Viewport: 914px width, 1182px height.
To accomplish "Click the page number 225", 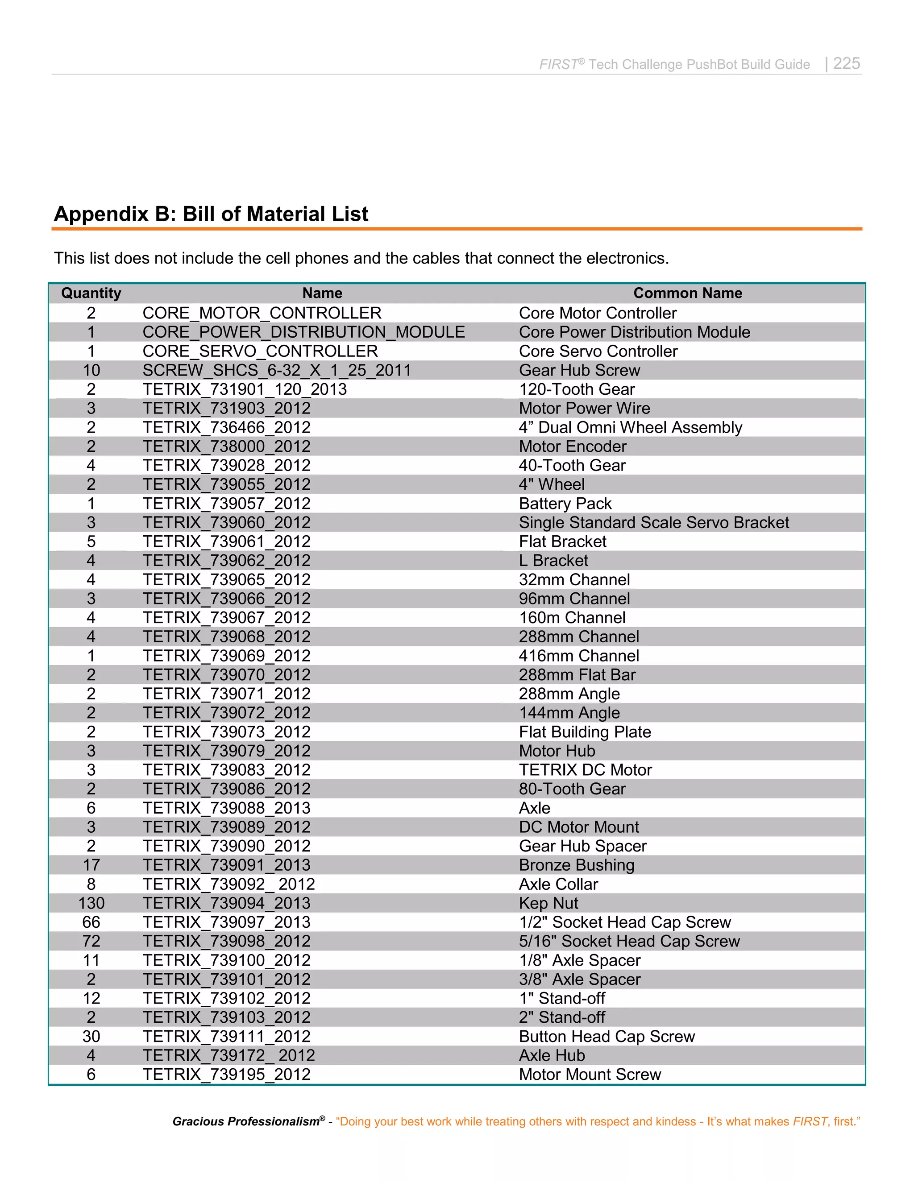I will (846, 63).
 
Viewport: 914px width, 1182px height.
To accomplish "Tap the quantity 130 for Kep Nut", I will (91, 903).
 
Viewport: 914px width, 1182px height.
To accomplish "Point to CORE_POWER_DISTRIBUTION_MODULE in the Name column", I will (303, 332).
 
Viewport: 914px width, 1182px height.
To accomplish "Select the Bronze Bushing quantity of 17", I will (91, 865).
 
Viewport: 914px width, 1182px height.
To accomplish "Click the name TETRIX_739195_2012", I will (226, 1075).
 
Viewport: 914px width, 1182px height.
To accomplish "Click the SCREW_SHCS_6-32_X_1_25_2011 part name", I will (277, 370).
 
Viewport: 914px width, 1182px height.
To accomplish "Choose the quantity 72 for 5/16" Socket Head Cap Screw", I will (91, 941).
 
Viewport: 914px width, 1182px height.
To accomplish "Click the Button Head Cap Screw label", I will (607, 1037).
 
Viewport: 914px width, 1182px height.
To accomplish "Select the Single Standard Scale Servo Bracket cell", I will (653, 522).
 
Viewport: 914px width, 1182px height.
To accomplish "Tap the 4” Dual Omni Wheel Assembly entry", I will (630, 428).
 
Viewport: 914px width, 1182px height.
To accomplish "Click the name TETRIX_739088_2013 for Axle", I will (226, 808).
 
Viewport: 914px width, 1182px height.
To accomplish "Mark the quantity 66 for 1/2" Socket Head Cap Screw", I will (91, 922).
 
